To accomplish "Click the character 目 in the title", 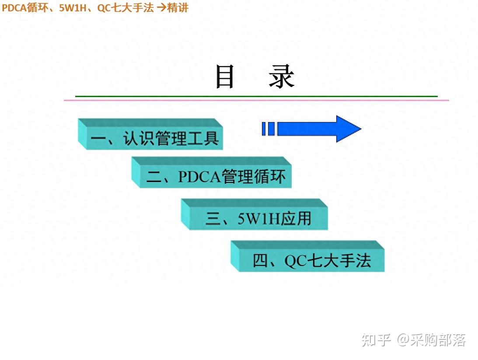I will (x=225, y=77).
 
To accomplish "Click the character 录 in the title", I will (x=282, y=77).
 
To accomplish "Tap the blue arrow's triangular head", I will (x=348, y=129).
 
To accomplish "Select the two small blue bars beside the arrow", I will (x=268, y=129).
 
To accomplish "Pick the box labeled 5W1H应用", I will (x=258, y=218).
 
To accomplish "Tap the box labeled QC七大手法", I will (x=311, y=260).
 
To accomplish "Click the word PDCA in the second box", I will (x=199, y=177).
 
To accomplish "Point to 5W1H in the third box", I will (x=258, y=218).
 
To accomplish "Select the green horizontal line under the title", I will (x=256, y=96).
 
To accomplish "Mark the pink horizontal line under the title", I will (x=256, y=101).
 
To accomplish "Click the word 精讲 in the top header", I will (x=178, y=7).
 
